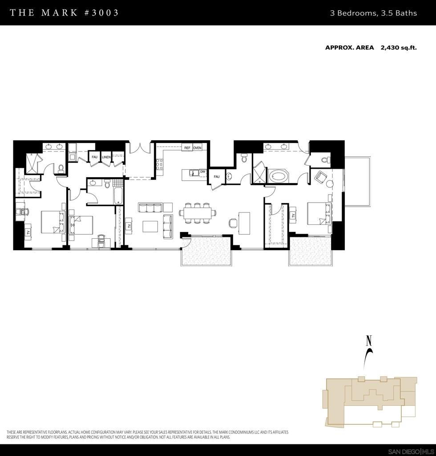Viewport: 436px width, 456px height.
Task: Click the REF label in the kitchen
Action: click(187, 148)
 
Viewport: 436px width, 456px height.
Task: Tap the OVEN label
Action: click(197, 148)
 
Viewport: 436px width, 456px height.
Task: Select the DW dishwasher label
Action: click(202, 171)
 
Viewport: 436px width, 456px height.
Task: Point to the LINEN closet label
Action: click(106, 157)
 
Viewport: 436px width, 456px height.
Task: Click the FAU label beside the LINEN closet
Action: click(94, 157)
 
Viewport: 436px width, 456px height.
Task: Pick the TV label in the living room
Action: click(129, 226)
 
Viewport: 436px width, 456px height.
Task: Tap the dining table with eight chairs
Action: click(198, 213)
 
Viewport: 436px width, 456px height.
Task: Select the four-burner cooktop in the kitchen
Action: click(159, 164)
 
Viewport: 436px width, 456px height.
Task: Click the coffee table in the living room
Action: click(150, 226)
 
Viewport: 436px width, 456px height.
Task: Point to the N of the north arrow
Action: click(369, 341)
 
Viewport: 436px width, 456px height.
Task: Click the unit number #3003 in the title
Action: click(101, 12)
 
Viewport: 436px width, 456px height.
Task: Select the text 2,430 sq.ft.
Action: click(399, 48)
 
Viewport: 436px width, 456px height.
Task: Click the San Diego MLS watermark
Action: click(412, 452)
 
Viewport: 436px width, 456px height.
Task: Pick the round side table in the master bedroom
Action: click(330, 184)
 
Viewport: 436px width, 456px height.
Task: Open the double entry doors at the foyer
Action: click(140, 147)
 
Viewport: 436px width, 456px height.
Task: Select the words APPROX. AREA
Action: click(349, 48)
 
